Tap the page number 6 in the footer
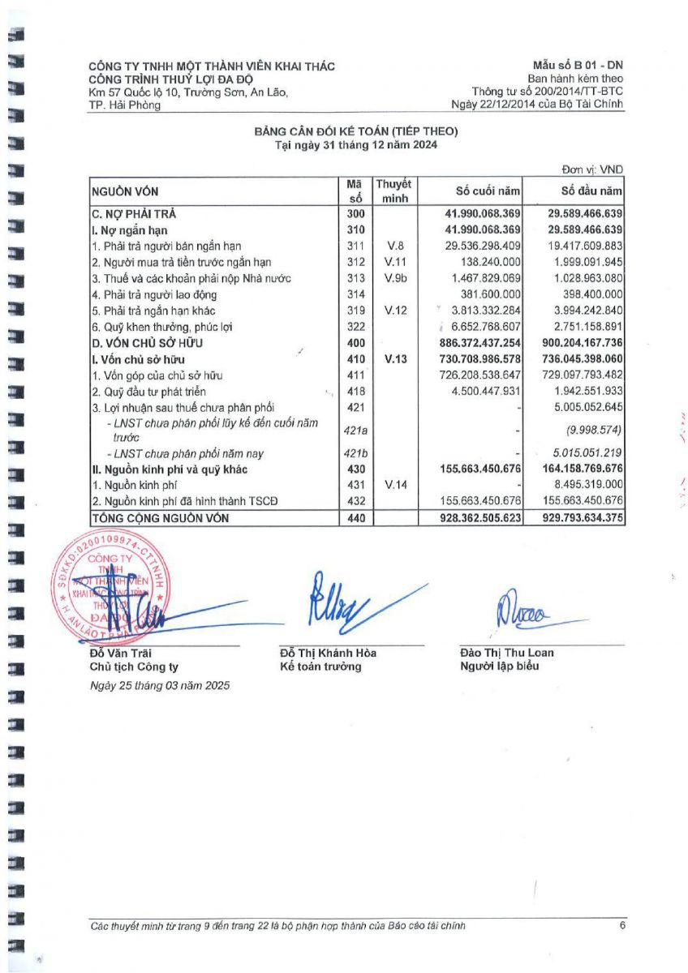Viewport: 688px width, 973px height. click(x=621, y=925)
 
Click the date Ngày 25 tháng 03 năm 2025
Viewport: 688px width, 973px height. click(x=160, y=685)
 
